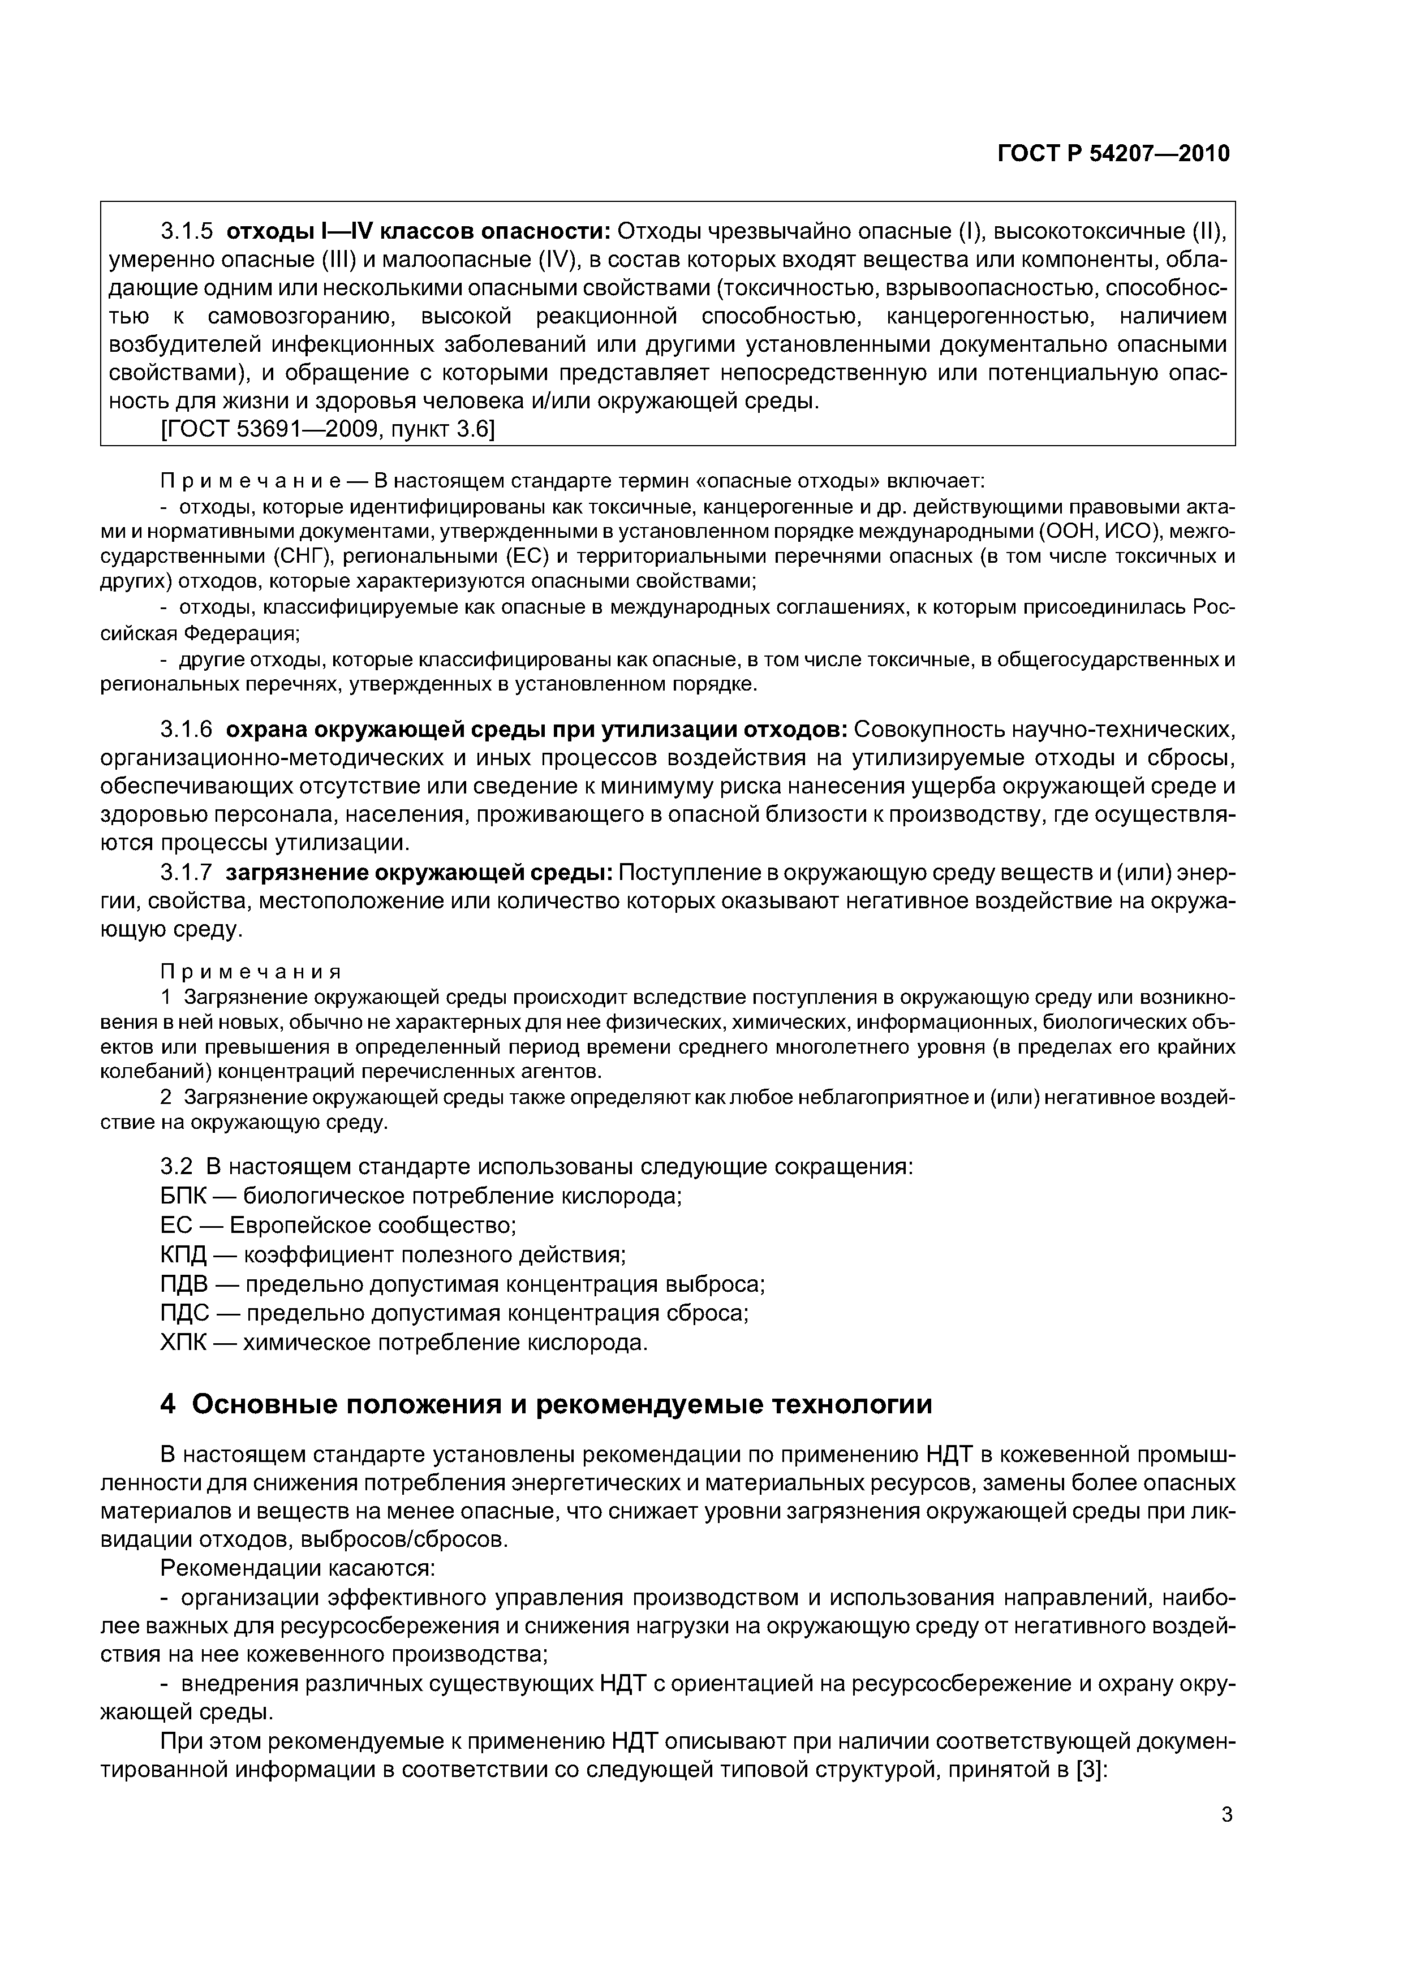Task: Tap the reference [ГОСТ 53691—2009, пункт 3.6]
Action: coord(328,429)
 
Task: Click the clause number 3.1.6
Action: coord(186,730)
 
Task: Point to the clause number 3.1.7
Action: coord(186,873)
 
